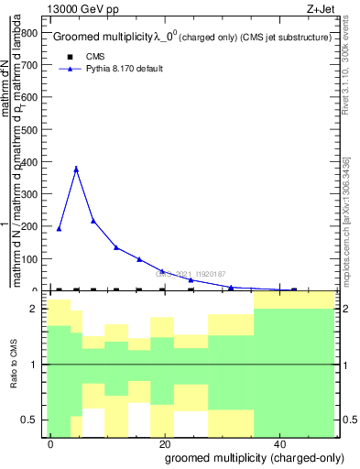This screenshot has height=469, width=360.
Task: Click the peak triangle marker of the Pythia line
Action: pos(76,169)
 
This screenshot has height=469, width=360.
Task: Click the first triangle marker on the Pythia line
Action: pos(59,228)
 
